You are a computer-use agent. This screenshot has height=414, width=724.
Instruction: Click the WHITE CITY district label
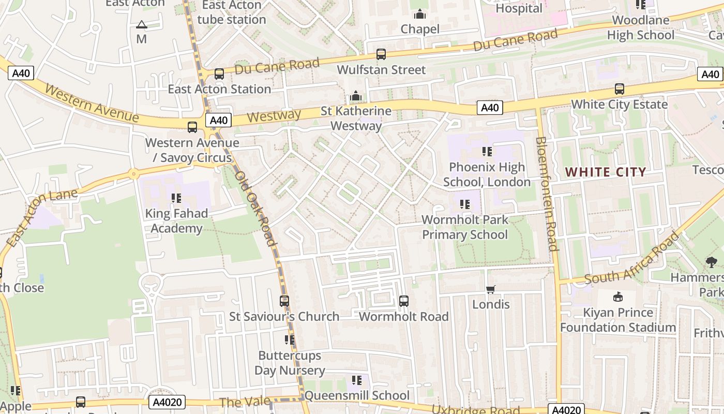tap(606, 172)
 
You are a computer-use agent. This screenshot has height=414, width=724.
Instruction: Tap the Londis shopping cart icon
tap(491, 289)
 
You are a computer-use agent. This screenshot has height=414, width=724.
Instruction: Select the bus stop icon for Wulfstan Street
tap(381, 54)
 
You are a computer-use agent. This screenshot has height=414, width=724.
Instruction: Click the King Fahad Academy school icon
tap(176, 198)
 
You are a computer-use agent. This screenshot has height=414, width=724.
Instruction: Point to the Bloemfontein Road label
tap(547, 194)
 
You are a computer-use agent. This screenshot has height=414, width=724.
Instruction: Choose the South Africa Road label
tap(631, 258)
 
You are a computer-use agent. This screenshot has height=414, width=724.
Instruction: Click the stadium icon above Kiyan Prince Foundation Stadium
tap(617, 297)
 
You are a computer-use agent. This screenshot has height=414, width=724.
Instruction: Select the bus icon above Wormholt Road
tap(404, 301)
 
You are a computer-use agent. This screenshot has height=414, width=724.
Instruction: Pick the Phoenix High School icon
tap(487, 152)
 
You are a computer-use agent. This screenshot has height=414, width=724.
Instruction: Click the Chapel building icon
tap(420, 14)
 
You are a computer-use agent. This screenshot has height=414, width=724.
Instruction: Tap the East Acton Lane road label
tap(42, 217)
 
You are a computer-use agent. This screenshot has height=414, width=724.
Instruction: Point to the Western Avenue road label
tap(92, 103)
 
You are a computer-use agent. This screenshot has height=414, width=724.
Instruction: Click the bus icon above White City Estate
tap(619, 89)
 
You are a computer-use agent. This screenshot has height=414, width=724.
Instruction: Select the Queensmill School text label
tap(357, 396)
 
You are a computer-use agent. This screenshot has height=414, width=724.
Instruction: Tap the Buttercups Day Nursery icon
tap(290, 340)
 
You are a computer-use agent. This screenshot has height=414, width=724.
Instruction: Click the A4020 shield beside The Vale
tap(167, 402)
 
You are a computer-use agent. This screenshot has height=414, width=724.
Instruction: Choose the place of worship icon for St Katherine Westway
tap(356, 96)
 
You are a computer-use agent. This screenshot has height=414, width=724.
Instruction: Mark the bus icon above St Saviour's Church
tap(284, 301)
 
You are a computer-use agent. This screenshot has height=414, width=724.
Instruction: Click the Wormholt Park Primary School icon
tap(464, 204)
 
